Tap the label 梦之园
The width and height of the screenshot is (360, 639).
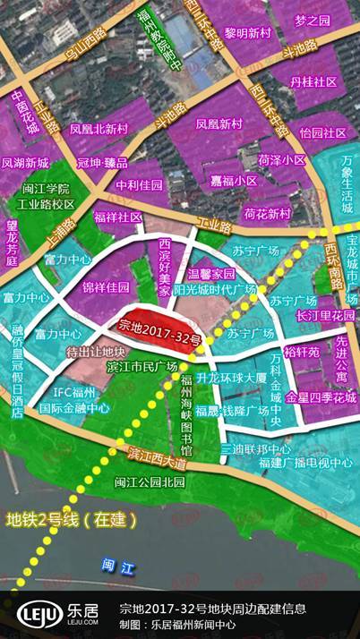coord(313,21)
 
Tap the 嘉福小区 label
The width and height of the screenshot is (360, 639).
coord(234,180)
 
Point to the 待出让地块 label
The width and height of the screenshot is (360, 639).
coord(95,351)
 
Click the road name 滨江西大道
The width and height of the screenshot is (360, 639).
coord(157,453)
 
